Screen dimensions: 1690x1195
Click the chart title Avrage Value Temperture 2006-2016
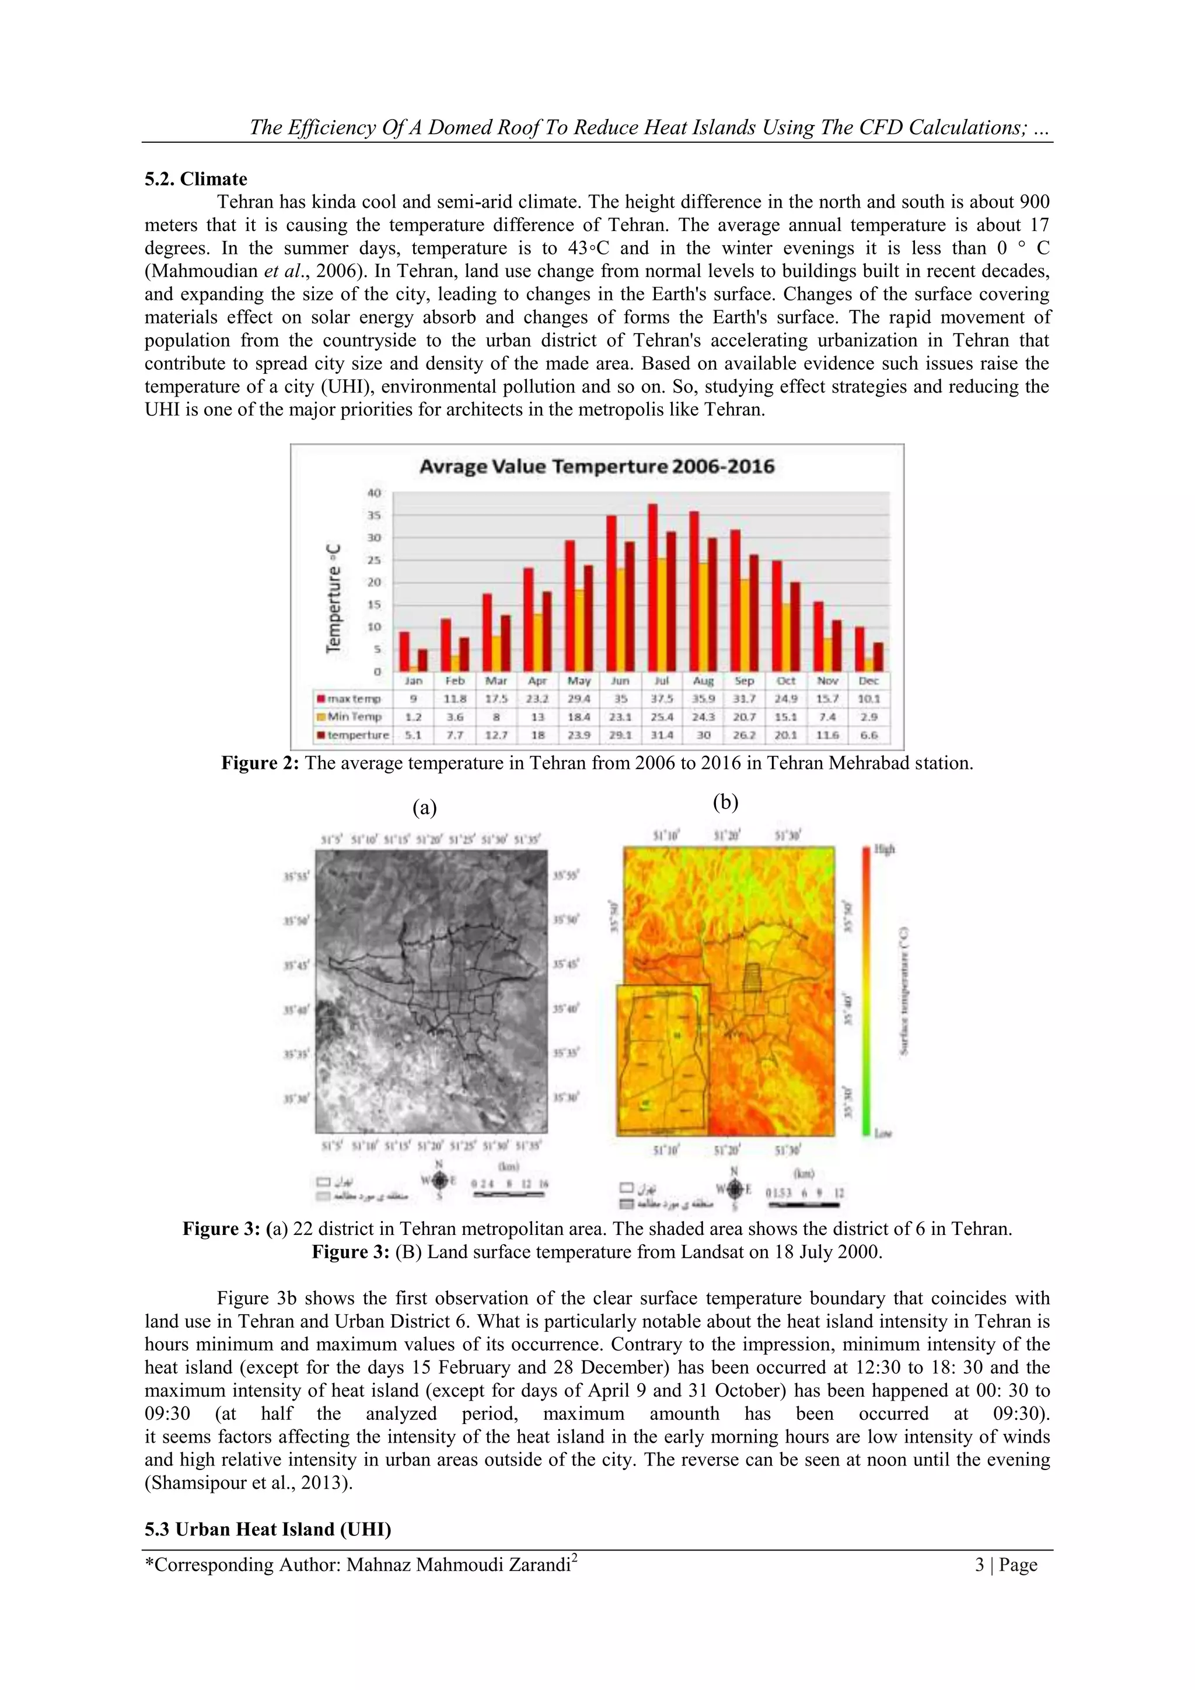coord(596,467)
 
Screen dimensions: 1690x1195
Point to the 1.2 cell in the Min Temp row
coord(414,717)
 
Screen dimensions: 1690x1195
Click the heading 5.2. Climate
coord(196,179)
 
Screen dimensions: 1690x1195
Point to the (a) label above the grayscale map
coord(424,808)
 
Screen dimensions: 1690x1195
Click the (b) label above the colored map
coord(725,802)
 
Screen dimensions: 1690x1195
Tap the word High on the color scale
coord(884,849)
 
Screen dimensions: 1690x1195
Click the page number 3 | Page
coord(1006,1565)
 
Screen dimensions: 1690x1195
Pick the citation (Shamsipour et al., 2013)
coord(248,1482)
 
